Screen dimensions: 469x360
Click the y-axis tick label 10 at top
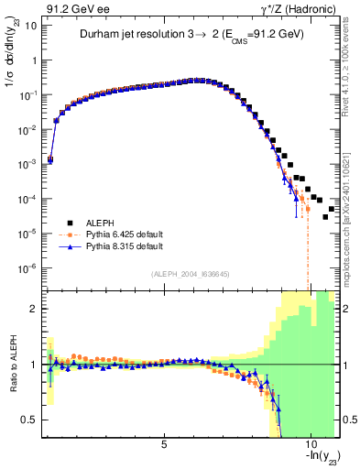(29, 26)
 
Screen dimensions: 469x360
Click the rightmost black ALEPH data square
(331, 209)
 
